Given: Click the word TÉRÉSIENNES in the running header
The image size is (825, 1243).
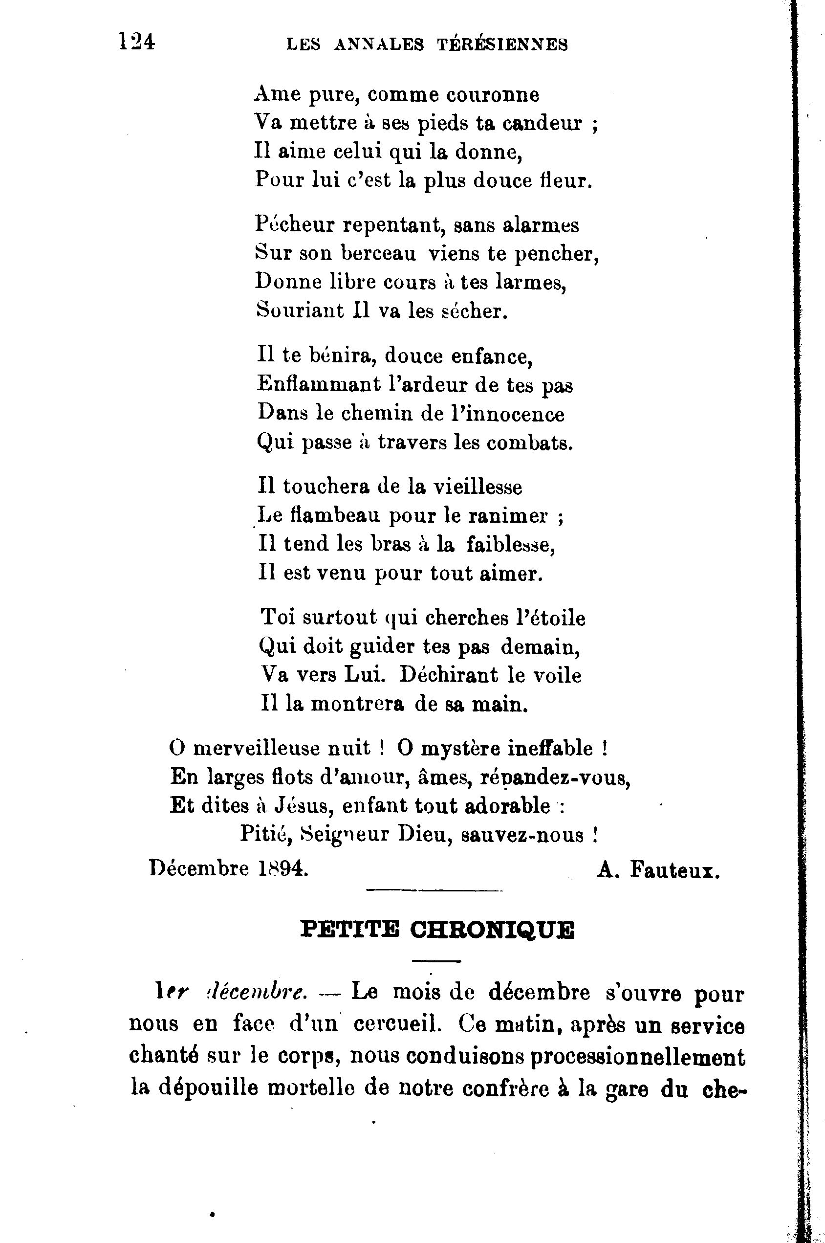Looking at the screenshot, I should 502,45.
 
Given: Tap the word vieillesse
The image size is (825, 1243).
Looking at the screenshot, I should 477,487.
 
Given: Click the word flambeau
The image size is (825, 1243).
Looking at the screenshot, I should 335,516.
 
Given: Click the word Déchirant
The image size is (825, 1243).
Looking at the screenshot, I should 448,675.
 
